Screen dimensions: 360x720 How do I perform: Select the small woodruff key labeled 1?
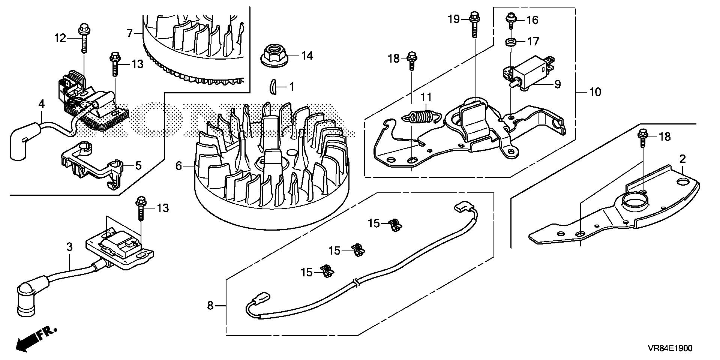pyautogui.click(x=274, y=87)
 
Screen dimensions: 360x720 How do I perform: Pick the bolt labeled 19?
pyautogui.click(x=473, y=24)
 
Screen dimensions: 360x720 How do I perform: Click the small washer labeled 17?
pyautogui.click(x=510, y=41)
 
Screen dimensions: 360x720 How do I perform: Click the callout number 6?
pyautogui.click(x=178, y=166)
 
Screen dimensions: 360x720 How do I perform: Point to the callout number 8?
pyautogui.click(x=210, y=306)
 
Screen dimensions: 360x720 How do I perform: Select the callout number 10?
pyautogui.click(x=595, y=92)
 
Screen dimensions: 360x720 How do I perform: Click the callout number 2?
pyautogui.click(x=682, y=159)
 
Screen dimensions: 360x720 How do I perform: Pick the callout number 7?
pyautogui.click(x=130, y=33)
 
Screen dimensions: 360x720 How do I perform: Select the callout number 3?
pyautogui.click(x=69, y=247)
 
